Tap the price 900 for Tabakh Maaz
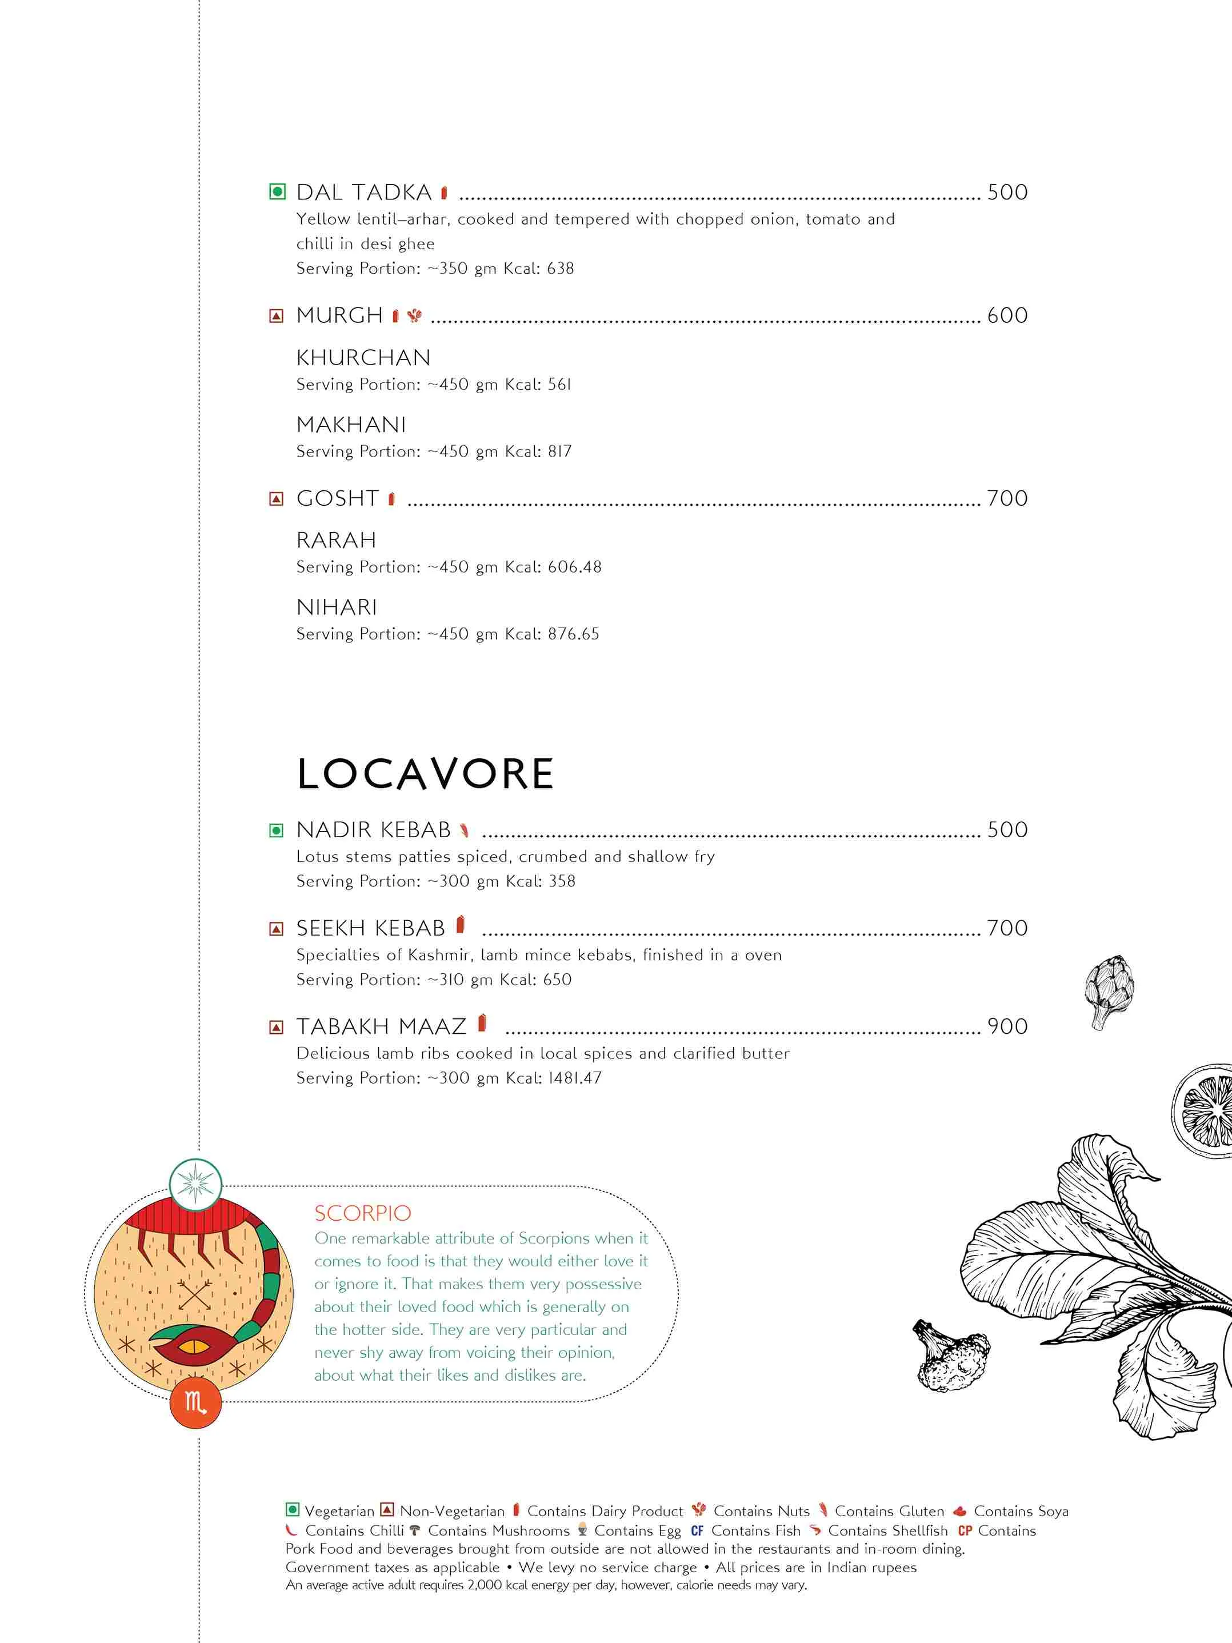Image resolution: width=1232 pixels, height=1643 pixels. coord(1007,1026)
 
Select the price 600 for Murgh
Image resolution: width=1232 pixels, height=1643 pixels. coord(1007,315)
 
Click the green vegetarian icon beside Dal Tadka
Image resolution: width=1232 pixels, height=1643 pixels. coord(277,193)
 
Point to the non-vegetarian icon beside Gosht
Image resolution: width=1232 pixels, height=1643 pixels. coord(276,499)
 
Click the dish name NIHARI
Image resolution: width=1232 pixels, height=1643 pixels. coord(337,607)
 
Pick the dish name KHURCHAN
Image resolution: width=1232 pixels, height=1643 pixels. coord(363,358)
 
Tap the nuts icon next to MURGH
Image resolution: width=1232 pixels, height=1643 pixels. coord(414,315)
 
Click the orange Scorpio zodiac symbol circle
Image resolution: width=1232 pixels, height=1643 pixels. coord(195,1402)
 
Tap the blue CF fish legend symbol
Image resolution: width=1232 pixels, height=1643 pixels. coord(697,1531)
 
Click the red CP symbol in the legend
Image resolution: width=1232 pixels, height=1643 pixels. coord(965,1531)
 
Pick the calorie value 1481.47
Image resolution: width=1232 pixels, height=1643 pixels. coord(574,1078)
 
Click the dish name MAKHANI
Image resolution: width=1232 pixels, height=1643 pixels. coord(351,425)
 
